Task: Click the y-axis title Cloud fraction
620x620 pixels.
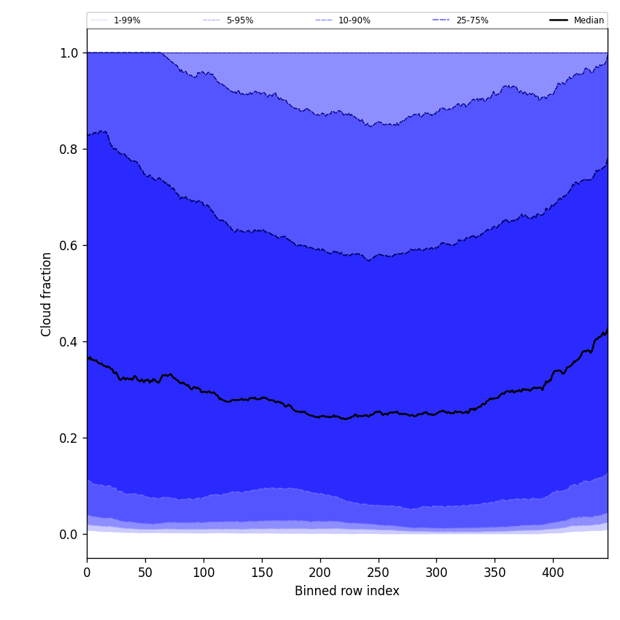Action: point(47,294)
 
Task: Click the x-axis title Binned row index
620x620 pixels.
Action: point(347,591)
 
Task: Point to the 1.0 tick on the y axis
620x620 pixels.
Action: point(69,53)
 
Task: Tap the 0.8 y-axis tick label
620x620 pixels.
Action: point(69,149)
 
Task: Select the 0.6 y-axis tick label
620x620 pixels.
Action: point(69,245)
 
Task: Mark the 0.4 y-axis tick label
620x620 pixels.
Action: point(69,341)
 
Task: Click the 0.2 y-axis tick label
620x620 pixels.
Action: point(69,438)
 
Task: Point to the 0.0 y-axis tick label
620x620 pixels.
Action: point(69,534)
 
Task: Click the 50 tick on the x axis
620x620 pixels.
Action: point(145,573)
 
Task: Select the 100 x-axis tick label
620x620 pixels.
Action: point(204,573)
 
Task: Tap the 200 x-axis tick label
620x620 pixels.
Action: point(320,573)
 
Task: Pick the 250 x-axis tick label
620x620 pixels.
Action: point(378,573)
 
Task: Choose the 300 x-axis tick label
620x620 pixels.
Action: point(436,573)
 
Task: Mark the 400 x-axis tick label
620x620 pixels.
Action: point(553,573)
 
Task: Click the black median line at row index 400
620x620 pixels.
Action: point(553,372)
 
